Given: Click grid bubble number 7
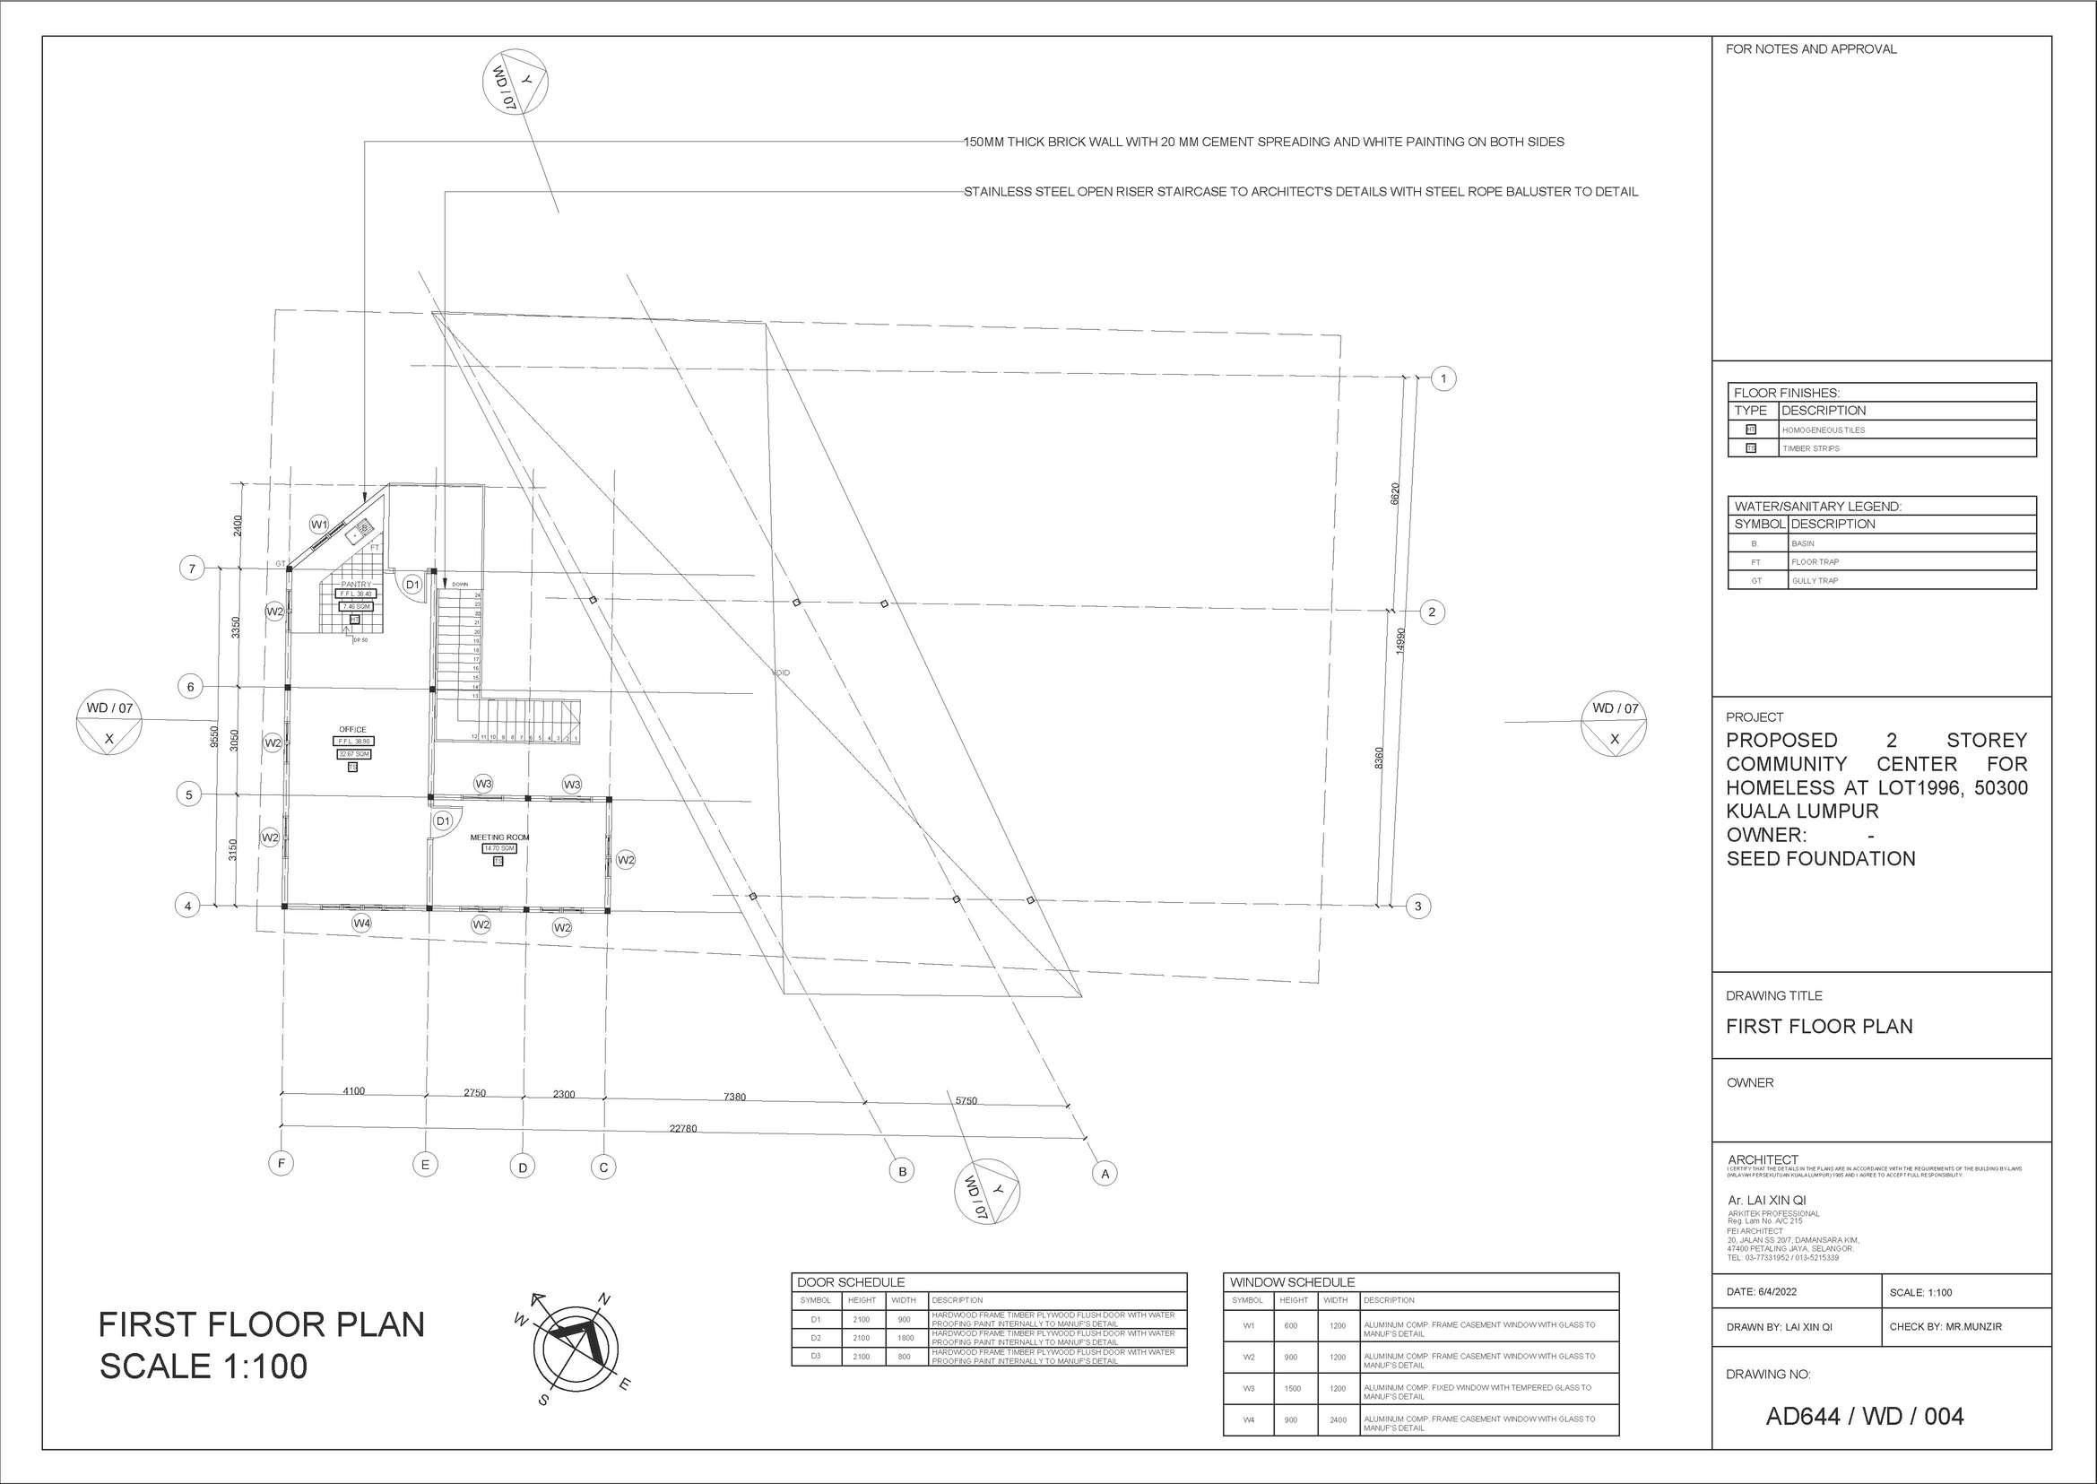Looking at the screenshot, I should (192, 568).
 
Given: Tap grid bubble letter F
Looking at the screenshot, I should (282, 1163).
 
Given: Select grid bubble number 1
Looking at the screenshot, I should (1443, 378).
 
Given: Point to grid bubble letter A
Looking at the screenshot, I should (1105, 1174).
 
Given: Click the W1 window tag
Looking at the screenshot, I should (319, 525).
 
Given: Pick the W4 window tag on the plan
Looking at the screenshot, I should (362, 924).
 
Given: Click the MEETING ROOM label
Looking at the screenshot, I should (498, 837).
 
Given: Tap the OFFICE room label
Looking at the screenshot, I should (352, 730).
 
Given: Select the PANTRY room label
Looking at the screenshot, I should (356, 584).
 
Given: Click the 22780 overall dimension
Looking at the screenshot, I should (682, 1129).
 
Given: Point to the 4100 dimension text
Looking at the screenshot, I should (353, 1091).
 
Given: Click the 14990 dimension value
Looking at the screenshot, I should (1400, 639).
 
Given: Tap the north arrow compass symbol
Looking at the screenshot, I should (576, 1345).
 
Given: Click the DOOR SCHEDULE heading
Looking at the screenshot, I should (851, 1282).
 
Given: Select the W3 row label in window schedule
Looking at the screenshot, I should (1248, 1388).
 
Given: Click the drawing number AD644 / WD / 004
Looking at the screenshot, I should (1865, 1417).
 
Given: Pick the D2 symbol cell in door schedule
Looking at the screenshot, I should (816, 1338).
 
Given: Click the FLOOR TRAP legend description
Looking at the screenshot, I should (1815, 562).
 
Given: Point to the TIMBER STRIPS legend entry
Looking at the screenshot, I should (1810, 448).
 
